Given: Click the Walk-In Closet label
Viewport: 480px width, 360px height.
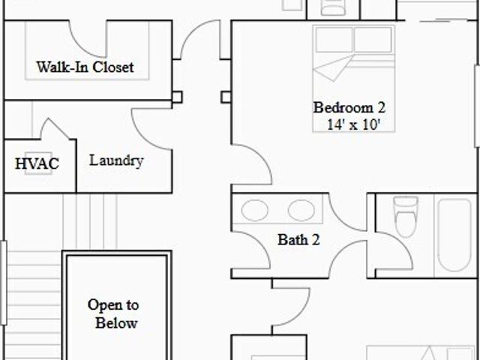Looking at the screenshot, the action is point(85,67).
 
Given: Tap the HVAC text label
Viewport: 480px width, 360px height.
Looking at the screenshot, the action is point(37,163).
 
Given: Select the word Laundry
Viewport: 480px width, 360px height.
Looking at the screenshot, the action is point(116,160).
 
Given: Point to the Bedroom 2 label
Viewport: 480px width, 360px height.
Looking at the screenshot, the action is point(349,107).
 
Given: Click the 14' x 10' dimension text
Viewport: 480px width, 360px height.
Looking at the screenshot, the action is point(353,124).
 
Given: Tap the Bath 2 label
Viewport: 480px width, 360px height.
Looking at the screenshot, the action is point(298,239).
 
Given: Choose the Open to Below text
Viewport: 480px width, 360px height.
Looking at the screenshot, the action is point(113,314).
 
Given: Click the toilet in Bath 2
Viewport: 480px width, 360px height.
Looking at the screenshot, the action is point(406,217).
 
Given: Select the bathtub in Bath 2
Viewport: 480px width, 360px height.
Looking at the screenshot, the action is point(454,235).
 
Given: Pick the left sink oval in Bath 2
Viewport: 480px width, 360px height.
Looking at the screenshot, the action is point(255,210).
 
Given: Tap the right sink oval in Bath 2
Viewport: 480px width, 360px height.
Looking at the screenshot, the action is point(301,210).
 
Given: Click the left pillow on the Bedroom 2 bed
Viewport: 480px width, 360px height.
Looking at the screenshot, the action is point(334,40).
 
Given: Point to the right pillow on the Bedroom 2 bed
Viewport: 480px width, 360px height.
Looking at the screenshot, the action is point(373,40).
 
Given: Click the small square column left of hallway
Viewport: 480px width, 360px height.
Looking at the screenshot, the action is point(177,97).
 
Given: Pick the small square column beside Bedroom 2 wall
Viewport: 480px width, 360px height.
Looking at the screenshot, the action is point(226,97).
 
